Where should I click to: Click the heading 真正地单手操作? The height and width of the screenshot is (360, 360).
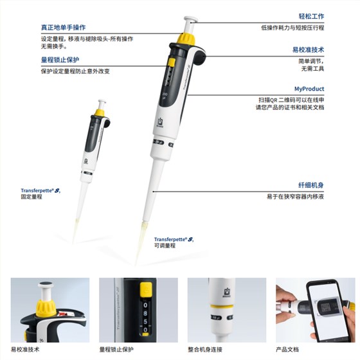[64, 28]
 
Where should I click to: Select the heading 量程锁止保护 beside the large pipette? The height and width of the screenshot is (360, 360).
[60, 60]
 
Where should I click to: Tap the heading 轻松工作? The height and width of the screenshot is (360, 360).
[311, 16]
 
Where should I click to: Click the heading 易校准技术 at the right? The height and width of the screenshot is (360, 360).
[308, 50]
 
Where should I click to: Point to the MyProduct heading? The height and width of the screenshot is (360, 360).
[309, 89]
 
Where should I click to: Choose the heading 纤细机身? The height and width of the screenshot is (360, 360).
[311, 185]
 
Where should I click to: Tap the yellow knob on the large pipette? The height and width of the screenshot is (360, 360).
[186, 39]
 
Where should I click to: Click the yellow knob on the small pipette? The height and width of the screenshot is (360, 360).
[100, 113]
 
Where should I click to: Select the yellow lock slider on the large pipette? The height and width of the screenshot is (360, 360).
[172, 62]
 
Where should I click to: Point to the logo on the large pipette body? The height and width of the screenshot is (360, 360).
[160, 122]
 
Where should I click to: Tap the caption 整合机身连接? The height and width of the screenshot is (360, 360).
[205, 350]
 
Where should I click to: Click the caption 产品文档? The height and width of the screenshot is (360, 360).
[287, 350]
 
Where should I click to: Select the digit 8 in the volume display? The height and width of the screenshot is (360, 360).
[145, 313]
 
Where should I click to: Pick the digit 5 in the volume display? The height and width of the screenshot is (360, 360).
[145, 321]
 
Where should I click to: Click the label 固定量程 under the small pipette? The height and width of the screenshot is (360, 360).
[32, 197]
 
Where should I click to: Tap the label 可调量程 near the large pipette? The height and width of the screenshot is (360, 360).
[165, 246]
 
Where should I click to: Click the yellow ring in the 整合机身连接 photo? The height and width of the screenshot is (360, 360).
[222, 306]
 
